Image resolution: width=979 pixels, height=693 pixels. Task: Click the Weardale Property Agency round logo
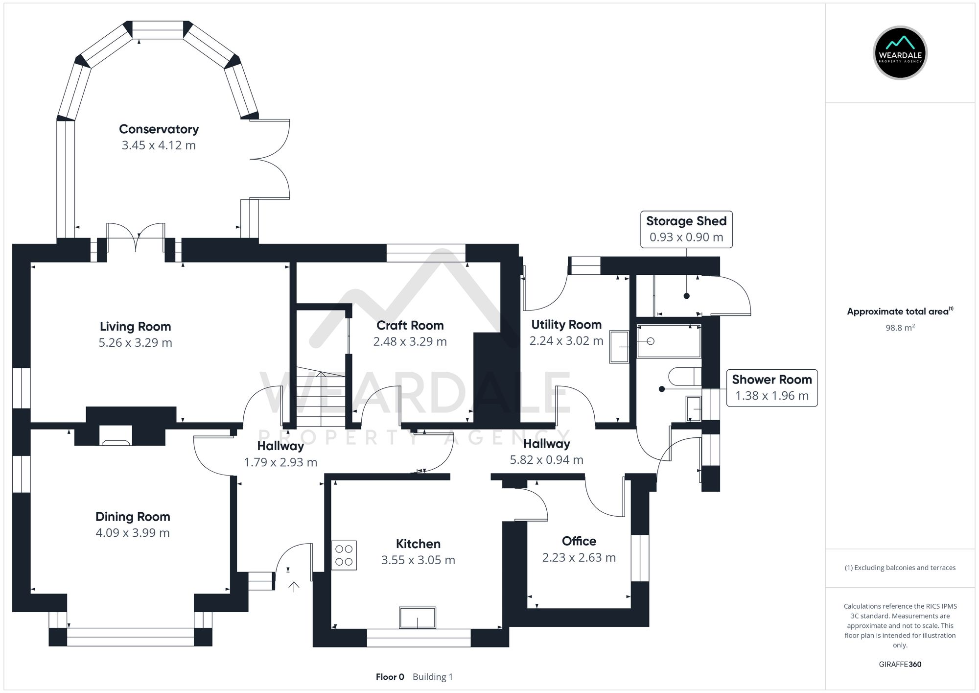pos(900,53)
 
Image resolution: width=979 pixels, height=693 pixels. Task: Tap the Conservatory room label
pos(159,129)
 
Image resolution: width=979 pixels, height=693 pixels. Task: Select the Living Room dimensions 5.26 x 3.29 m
pos(135,343)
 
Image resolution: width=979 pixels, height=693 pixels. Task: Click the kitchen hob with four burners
pos(344,555)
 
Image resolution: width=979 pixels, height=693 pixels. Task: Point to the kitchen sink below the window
pos(418,618)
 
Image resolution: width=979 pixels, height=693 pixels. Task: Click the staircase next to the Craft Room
pos(321,397)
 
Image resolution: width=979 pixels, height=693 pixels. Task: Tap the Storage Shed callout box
pos(686,229)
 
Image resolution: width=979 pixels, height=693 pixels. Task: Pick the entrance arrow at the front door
pos(294,587)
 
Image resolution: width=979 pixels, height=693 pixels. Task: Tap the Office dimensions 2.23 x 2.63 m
pos(579,558)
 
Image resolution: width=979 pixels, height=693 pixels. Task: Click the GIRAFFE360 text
pos(900,665)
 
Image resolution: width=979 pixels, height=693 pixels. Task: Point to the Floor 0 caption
pos(390,677)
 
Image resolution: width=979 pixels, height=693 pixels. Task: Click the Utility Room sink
pos(619,347)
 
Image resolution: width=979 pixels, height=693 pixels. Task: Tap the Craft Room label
pos(410,326)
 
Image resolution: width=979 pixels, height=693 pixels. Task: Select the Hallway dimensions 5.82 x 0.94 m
pos(546,460)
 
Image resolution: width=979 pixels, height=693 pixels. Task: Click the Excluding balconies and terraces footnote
pos(900,568)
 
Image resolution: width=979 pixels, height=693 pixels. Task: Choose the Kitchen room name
pos(418,544)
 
